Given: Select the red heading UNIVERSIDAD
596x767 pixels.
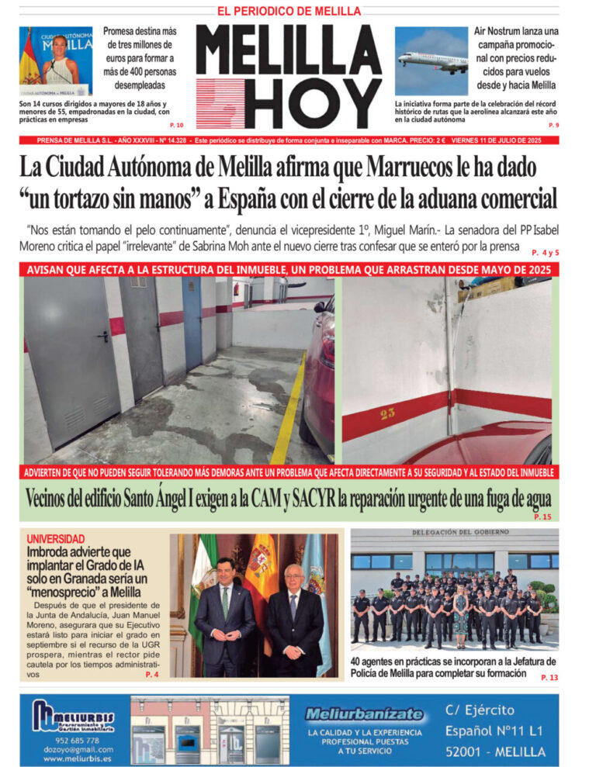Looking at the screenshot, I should (x=55, y=538).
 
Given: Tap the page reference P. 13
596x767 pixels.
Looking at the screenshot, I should (x=549, y=677).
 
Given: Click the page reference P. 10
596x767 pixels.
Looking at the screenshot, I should (x=176, y=125).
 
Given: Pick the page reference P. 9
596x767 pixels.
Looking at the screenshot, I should (x=553, y=125).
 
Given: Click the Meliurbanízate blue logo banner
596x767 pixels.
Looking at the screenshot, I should (x=364, y=713).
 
